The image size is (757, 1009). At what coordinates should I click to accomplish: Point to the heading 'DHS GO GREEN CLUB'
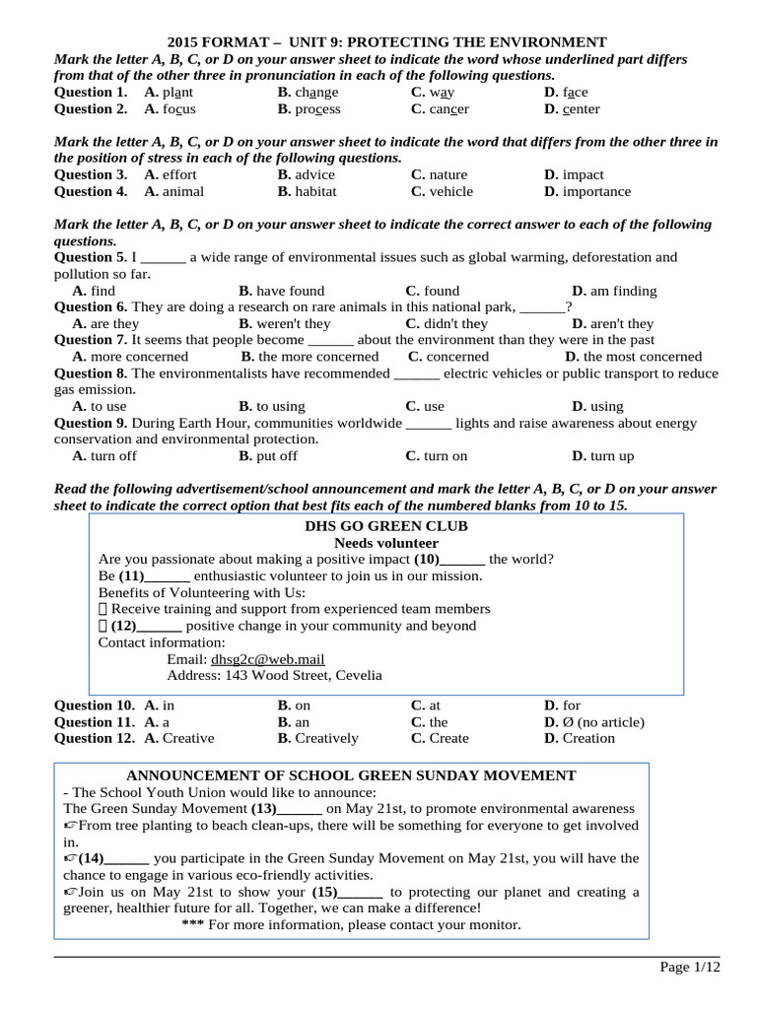(386, 526)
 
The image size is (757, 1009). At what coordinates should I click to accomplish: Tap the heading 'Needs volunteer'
(386, 543)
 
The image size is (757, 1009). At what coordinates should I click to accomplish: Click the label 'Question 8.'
(91, 373)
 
